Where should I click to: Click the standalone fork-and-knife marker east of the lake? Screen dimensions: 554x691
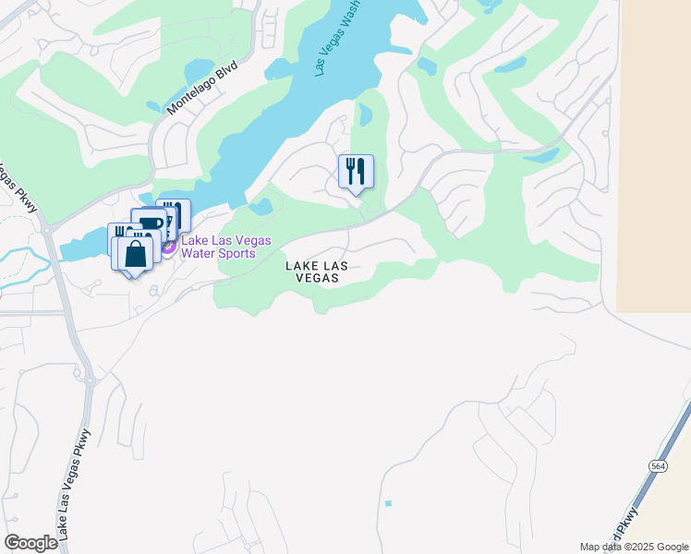[x=356, y=173]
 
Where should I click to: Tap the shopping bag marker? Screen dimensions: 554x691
[x=135, y=254]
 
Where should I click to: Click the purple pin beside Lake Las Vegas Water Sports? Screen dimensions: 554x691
[x=169, y=247]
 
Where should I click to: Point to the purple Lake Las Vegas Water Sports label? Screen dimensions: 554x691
[x=225, y=247]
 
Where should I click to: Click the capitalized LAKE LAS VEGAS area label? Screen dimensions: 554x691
[x=316, y=271]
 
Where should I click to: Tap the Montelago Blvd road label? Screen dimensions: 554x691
[x=202, y=89]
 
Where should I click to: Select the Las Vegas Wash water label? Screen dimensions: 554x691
[x=338, y=38]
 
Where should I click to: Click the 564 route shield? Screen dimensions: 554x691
[x=658, y=465]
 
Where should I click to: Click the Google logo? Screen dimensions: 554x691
[x=30, y=543]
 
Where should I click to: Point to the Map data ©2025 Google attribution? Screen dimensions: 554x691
[x=633, y=547]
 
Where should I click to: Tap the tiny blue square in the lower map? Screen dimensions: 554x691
[x=388, y=503]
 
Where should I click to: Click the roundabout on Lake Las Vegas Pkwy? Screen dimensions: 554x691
[x=91, y=379]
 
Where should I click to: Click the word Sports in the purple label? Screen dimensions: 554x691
[x=237, y=254]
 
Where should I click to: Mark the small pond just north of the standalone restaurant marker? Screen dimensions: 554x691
[x=364, y=114]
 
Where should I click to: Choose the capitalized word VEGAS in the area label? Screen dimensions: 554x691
[x=316, y=278]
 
